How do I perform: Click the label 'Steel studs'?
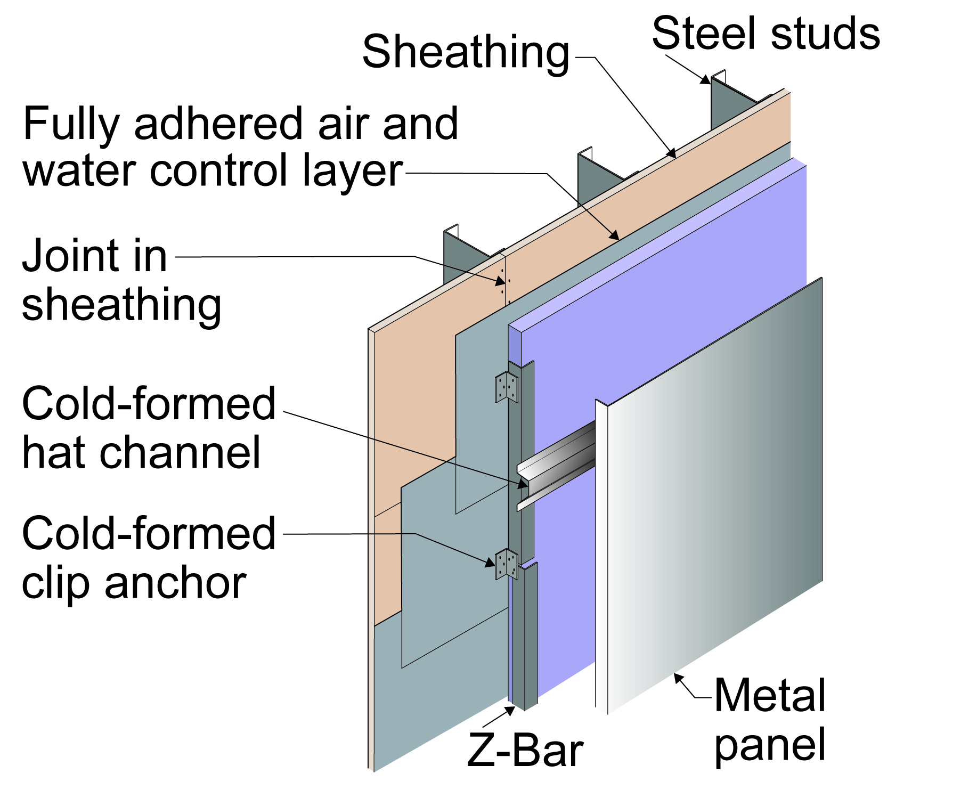pos(766,33)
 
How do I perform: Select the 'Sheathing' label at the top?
pos(466,52)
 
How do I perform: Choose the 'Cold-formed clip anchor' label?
pos(149,558)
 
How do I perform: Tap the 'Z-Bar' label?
pos(525,750)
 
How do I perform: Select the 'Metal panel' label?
pos(770,720)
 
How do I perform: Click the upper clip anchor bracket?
pos(506,386)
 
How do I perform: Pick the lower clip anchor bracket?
pos(506,564)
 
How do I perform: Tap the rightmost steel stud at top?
pos(733,101)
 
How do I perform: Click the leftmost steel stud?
pos(466,255)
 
